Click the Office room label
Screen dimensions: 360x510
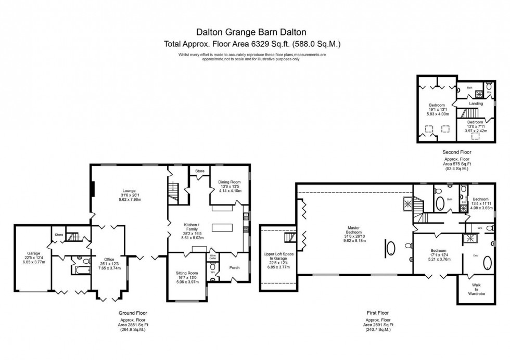click(109, 259)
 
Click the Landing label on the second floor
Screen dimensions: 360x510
click(476, 104)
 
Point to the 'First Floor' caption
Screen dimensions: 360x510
click(377, 313)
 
